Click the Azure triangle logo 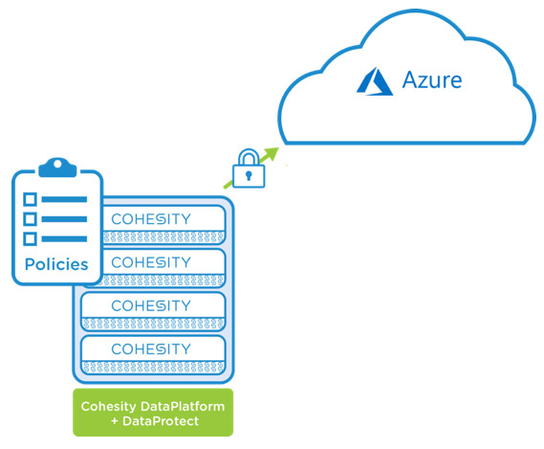[x=375, y=82]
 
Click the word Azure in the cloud [x=432, y=80]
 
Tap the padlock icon [x=249, y=168]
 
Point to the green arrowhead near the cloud [x=272, y=153]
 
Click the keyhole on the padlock [x=249, y=175]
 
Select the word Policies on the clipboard [x=56, y=264]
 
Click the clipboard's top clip [x=57, y=168]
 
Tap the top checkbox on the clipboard [x=30, y=199]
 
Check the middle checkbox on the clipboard [x=30, y=219]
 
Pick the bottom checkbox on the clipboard [x=30, y=239]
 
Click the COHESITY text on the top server [x=151, y=219]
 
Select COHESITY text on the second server [x=151, y=262]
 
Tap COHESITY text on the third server [x=151, y=306]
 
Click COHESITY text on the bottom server [x=151, y=349]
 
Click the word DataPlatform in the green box [x=183, y=406]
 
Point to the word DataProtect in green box [x=161, y=421]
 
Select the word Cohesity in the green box [x=109, y=407]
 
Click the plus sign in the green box [x=115, y=421]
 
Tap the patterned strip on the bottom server [x=153, y=368]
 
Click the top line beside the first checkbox [x=64, y=199]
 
